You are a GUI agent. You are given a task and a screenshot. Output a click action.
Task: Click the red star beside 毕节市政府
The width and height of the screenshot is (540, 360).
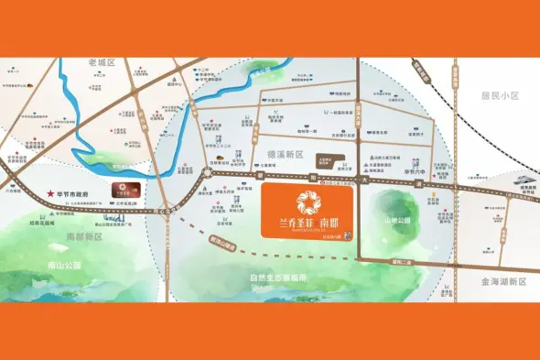[x=49, y=195]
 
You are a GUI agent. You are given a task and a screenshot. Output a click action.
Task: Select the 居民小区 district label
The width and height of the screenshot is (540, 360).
[x=500, y=95]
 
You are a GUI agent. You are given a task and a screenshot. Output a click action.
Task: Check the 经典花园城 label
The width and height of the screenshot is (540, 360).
[x=38, y=223]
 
